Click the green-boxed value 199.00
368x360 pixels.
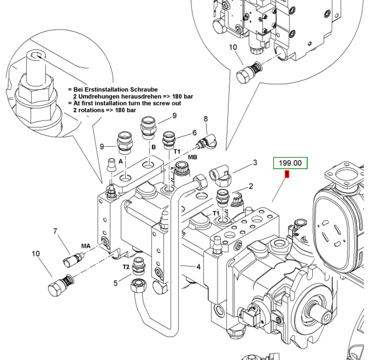tap(290, 162)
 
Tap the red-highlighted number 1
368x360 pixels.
tap(287, 175)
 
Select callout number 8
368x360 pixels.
tap(206, 119)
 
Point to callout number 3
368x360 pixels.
tap(255, 162)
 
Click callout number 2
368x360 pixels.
tap(251, 186)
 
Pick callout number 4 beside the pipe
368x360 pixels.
tap(198, 267)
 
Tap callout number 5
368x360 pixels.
tap(115, 283)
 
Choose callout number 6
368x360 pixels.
tap(195, 133)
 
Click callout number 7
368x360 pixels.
tap(55, 231)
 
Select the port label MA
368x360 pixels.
tap(86, 246)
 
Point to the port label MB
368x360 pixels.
tap(192, 157)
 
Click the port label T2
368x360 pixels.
tap(126, 267)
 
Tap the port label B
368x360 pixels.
tap(154, 147)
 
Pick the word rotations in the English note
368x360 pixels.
tap(91, 110)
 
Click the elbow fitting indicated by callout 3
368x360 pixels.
tap(220, 175)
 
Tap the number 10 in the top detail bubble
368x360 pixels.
tap(233, 48)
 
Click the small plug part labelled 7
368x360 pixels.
tap(73, 259)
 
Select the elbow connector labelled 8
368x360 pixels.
tap(207, 141)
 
